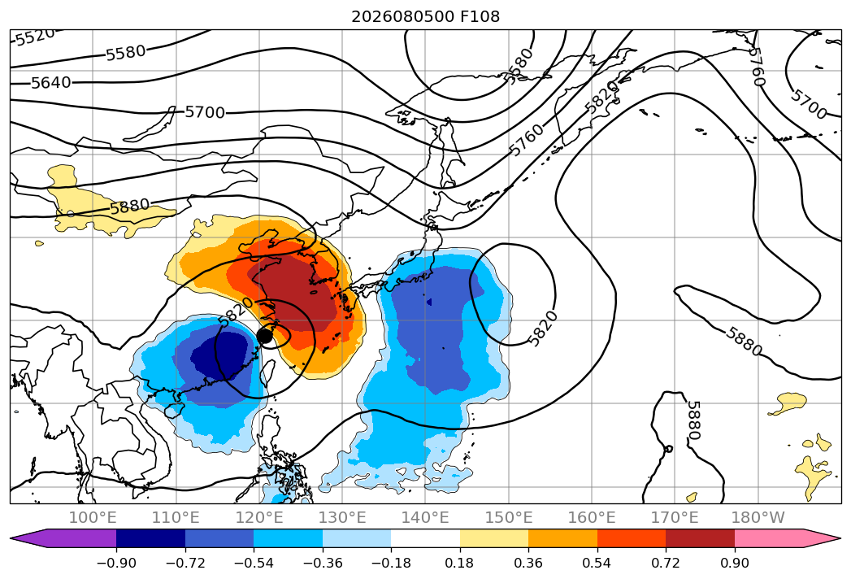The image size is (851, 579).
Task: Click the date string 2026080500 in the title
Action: point(403,16)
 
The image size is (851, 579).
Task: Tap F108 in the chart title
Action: point(480,16)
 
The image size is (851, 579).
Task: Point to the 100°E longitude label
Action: point(93,517)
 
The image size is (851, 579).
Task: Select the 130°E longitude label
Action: point(342,517)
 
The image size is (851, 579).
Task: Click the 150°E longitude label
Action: point(509,517)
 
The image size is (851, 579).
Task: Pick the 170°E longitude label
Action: point(675,517)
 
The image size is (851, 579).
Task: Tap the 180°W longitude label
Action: point(758,517)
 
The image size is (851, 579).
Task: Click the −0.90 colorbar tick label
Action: point(116,563)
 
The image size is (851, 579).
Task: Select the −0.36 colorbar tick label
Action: point(323,563)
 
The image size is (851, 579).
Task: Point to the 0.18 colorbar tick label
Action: point(460,563)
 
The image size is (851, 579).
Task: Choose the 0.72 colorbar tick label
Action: point(666,563)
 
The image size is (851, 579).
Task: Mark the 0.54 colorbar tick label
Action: point(597,563)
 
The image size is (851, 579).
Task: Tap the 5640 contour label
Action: point(51,83)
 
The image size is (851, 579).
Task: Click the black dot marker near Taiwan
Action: point(265,336)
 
